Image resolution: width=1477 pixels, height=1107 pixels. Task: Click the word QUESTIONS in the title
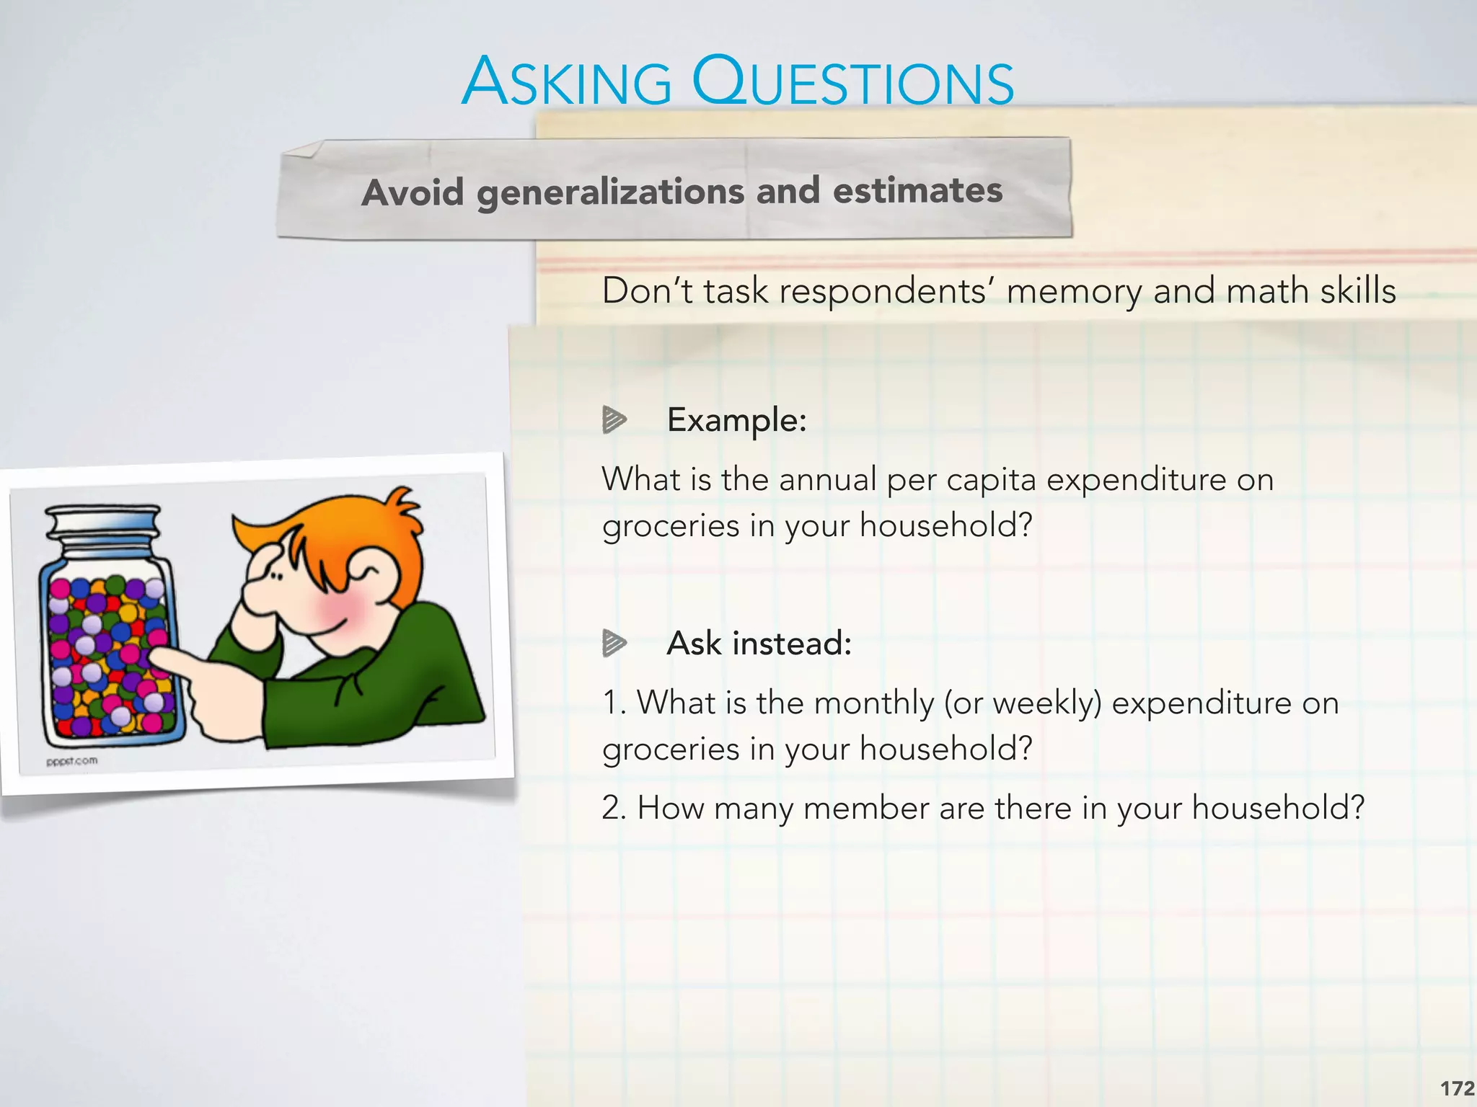pyautogui.click(x=852, y=82)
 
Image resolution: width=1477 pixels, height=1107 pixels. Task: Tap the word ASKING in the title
pyautogui.click(x=567, y=82)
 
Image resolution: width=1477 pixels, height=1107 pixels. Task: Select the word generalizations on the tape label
pyautogui.click(x=610, y=192)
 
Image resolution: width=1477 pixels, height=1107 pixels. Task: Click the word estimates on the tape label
pyautogui.click(x=917, y=190)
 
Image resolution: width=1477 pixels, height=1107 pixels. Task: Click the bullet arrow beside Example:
pyautogui.click(x=614, y=419)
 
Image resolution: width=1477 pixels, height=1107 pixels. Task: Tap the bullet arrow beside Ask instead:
pyautogui.click(x=614, y=643)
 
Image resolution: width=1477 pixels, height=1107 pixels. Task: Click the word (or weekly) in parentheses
pyautogui.click(x=1023, y=703)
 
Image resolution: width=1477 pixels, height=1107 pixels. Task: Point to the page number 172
pyautogui.click(x=1457, y=1088)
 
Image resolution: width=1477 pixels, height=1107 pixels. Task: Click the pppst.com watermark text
pyautogui.click(x=71, y=761)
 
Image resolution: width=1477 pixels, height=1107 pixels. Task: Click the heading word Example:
pyautogui.click(x=736, y=419)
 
